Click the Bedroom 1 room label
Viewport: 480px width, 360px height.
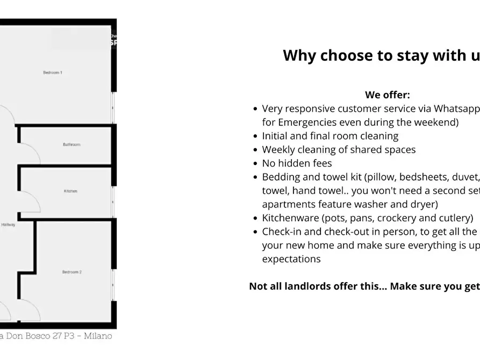(53, 73)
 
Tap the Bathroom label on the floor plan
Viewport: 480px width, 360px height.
(71, 145)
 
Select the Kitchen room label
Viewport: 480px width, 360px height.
(70, 191)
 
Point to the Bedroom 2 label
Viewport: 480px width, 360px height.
(71, 272)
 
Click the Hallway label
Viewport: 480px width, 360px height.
(8, 225)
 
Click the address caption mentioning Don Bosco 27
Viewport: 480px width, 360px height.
(56, 336)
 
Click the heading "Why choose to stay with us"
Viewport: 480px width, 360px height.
(381, 55)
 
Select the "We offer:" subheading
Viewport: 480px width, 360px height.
(387, 95)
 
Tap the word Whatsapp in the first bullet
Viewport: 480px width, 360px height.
(456, 109)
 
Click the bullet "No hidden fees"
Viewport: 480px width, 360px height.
(297, 163)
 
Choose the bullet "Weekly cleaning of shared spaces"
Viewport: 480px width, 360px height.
(339, 149)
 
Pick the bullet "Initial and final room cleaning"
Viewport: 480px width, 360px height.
(330, 136)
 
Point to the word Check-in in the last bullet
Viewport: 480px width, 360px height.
(282, 232)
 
